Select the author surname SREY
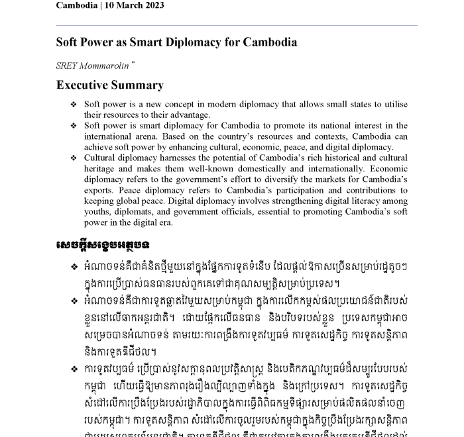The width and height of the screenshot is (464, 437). click(68, 66)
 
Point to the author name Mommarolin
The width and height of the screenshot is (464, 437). click(105, 66)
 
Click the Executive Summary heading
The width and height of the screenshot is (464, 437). click(109, 85)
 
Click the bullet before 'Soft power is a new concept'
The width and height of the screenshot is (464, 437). click(74, 105)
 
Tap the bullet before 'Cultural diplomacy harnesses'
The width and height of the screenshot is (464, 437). click(74, 158)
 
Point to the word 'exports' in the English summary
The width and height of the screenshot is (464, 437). click(99, 191)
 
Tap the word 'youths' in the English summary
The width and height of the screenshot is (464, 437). click(97, 212)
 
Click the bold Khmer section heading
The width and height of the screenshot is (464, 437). click(102, 245)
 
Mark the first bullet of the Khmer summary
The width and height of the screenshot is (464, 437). click(74, 267)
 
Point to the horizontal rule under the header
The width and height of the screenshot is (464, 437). click(236, 26)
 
